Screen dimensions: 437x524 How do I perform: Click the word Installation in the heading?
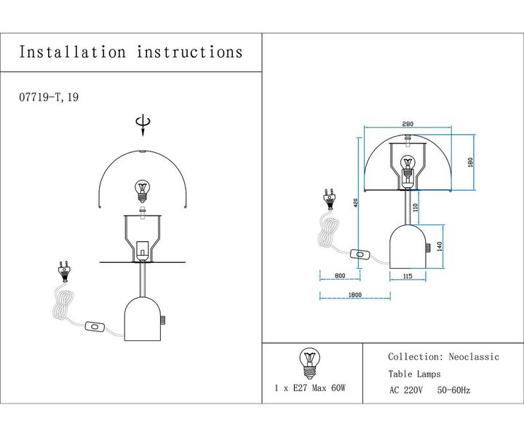pos(73,52)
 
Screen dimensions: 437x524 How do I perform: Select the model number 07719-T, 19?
pos(47,97)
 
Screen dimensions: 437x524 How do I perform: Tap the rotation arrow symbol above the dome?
pos(143,126)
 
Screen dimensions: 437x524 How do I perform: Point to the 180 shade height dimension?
pos(471,162)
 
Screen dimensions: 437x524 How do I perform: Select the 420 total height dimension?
pos(356,204)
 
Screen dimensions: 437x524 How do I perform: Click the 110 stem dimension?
pos(416,208)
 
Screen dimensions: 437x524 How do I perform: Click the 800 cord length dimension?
pos(339,276)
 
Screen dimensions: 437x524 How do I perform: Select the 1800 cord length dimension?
pos(354,295)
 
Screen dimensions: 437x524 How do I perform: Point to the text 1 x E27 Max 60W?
pos(309,389)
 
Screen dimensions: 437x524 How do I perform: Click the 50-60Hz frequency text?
pos(453,390)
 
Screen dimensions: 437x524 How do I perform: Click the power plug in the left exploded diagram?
pos(63,272)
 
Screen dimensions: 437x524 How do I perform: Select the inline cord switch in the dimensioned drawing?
pos(360,254)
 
